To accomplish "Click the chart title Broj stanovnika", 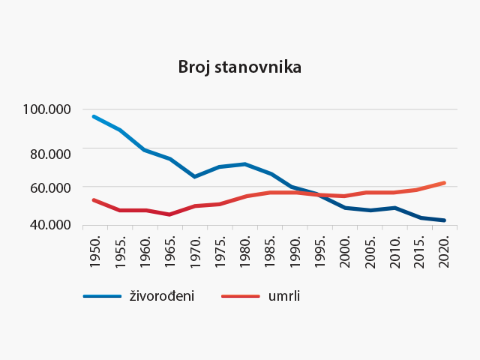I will click(x=239, y=67).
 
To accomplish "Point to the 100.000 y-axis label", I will click(x=46, y=109).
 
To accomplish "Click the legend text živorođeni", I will click(x=162, y=295).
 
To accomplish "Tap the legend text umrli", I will click(x=284, y=295).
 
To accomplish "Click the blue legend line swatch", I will click(x=102, y=296).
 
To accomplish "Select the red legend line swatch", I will click(x=241, y=296).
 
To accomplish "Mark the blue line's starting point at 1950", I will click(x=93, y=116).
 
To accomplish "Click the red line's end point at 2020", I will click(x=445, y=182).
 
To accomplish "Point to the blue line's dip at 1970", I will click(x=194, y=176).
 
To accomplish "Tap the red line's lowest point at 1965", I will click(x=169, y=214).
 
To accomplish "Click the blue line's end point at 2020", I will click(x=445, y=220).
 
